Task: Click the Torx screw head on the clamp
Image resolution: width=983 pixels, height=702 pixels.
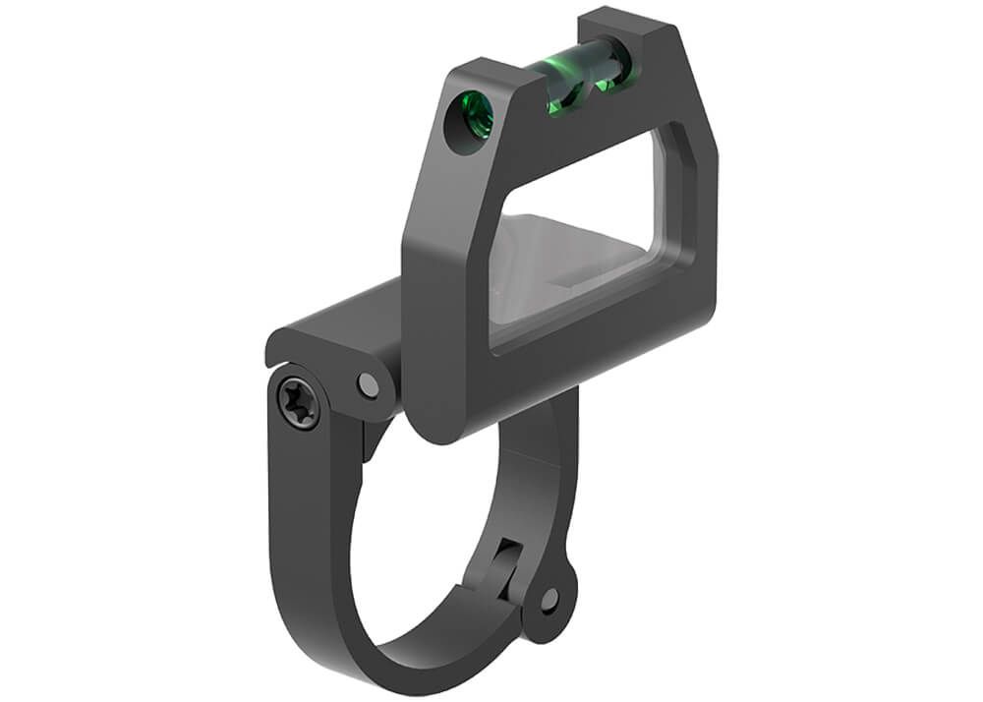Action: pyautogui.click(x=298, y=404)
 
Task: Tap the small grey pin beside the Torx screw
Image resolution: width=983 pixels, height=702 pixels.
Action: pyautogui.click(x=369, y=385)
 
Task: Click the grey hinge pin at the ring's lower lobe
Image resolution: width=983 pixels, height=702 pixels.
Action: pyautogui.click(x=549, y=599)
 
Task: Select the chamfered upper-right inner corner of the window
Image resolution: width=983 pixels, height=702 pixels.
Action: pyautogui.click(x=679, y=157)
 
